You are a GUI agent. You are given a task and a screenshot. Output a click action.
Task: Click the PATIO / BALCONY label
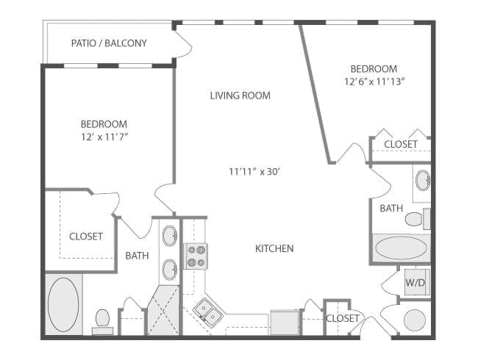(x=109, y=43)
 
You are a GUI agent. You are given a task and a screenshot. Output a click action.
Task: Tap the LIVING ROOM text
(x=240, y=96)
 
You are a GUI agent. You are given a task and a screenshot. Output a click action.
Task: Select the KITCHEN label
(x=274, y=248)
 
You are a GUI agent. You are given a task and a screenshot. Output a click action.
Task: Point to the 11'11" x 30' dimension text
(x=254, y=172)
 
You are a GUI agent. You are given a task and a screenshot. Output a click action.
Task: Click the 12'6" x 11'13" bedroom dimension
(x=375, y=82)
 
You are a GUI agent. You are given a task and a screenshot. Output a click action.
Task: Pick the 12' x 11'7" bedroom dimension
(x=104, y=137)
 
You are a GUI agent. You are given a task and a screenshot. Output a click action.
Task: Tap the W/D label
(x=414, y=281)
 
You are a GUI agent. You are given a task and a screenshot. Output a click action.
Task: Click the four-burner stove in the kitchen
(x=196, y=256)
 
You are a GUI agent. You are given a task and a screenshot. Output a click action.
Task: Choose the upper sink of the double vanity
(x=169, y=237)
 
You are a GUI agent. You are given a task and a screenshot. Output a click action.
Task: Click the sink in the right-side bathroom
(x=422, y=181)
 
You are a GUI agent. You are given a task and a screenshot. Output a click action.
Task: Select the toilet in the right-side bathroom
(x=416, y=219)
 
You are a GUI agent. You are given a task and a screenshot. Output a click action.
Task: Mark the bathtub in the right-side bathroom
(x=401, y=248)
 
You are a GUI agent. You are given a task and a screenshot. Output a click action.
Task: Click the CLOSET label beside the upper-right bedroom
(x=401, y=144)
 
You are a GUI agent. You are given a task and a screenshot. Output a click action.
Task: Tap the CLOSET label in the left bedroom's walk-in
(x=86, y=237)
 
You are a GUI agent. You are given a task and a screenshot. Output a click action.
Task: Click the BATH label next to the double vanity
(x=137, y=256)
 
